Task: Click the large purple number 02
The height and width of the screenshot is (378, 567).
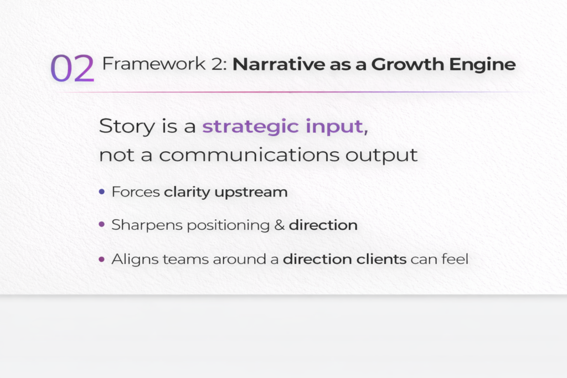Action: pyautogui.click(x=73, y=68)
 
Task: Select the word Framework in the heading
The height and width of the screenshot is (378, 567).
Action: pyautogui.click(x=154, y=64)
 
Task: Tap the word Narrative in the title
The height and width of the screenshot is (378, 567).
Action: pyautogui.click(x=279, y=64)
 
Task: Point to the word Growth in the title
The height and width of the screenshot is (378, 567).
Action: pyautogui.click(x=408, y=64)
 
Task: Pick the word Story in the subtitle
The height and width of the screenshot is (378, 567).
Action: pyautogui.click(x=127, y=127)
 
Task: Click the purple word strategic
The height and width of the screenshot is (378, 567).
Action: pyautogui.click(x=251, y=127)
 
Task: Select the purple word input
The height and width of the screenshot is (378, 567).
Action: pyautogui.click(x=337, y=127)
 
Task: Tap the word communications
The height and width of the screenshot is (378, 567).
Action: pyautogui.click(x=249, y=154)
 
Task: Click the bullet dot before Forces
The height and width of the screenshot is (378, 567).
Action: pyautogui.click(x=102, y=191)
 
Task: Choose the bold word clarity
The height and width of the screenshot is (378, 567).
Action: pyautogui.click(x=187, y=192)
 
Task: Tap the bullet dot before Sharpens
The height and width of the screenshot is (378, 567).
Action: pyautogui.click(x=102, y=224)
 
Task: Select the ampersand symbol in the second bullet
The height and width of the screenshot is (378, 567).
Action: pyautogui.click(x=279, y=225)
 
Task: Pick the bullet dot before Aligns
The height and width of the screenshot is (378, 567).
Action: pyautogui.click(x=102, y=259)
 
